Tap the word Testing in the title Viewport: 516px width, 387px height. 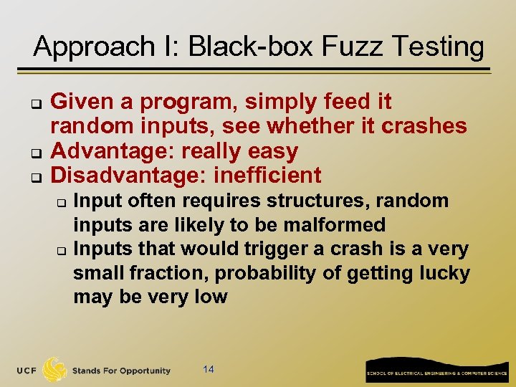pos(439,48)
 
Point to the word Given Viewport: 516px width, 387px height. pos(80,102)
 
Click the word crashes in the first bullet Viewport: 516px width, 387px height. pos(424,126)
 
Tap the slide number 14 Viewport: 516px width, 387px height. pos(209,370)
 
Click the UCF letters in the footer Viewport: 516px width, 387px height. pos(28,371)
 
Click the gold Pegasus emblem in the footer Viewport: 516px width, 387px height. pos(55,369)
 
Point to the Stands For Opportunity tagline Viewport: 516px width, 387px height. pos(121,371)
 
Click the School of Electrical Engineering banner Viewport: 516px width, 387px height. pos(436,371)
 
